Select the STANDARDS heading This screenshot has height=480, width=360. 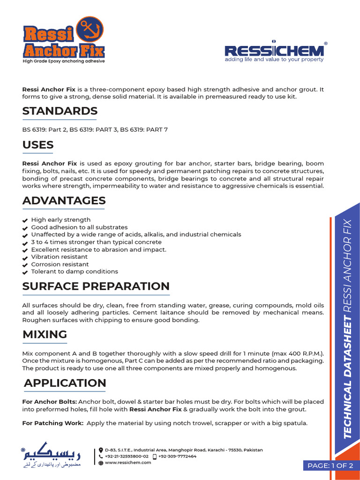60,111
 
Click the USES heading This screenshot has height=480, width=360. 38,145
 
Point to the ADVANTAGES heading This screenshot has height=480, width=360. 64,201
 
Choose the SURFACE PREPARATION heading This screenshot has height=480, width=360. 96,286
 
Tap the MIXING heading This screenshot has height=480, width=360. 45,334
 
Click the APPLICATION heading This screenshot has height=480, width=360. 65,383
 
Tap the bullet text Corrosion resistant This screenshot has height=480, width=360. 60,264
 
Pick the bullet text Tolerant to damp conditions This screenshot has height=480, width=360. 75,271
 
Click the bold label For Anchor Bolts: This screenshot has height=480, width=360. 50,402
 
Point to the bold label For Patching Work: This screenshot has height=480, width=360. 52,423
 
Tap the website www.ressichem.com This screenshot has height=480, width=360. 127,463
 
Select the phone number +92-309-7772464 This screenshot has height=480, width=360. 177,456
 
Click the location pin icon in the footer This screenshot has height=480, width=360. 101,450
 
